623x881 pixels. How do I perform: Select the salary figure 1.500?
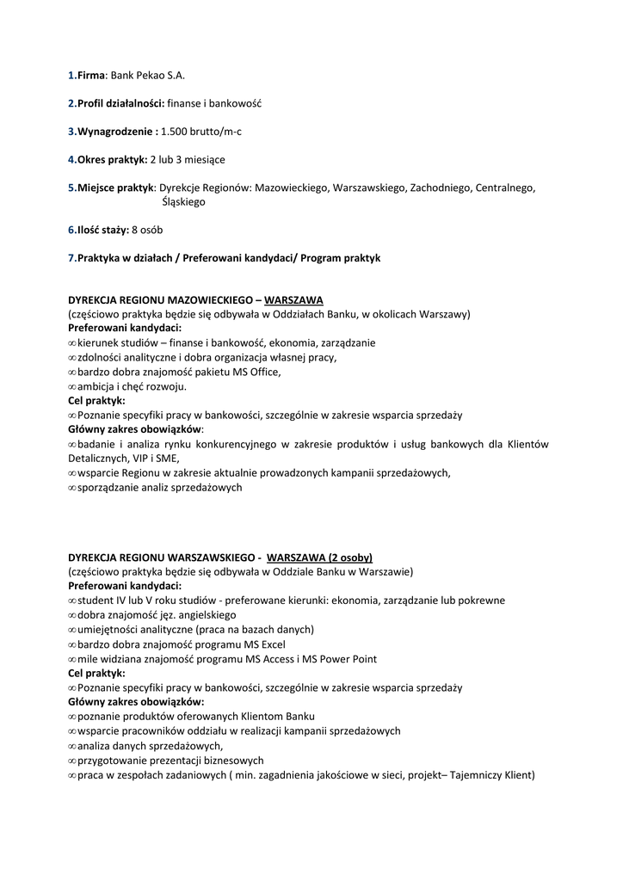[175, 132]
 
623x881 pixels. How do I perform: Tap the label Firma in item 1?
[90, 76]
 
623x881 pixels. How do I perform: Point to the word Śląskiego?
[183, 201]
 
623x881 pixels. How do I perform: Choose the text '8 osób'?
[147, 230]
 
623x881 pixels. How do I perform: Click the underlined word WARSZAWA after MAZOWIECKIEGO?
[293, 300]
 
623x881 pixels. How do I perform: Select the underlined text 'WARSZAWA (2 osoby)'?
[319, 557]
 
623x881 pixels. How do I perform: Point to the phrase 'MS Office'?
[256, 372]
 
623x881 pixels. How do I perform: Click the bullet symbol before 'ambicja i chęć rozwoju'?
[72, 386]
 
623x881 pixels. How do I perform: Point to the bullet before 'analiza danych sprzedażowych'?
[72, 746]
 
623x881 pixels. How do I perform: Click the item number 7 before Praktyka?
[71, 258]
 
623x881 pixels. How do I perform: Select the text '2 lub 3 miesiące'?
[188, 159]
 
